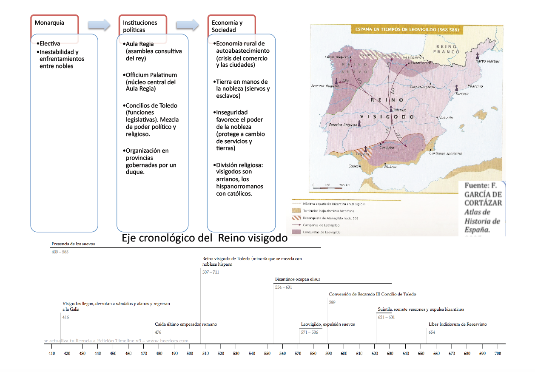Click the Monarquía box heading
click(49, 23)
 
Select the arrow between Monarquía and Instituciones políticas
click(99, 25)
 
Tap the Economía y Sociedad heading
click(227, 26)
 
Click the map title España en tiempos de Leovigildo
click(407, 30)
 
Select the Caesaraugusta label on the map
click(422, 87)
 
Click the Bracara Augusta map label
click(326, 86)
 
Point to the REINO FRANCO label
click(446, 49)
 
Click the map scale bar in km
click(331, 185)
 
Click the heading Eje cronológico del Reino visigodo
click(204, 238)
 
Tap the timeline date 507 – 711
click(211, 272)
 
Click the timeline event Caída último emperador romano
click(185, 324)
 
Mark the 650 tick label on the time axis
click(421, 353)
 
